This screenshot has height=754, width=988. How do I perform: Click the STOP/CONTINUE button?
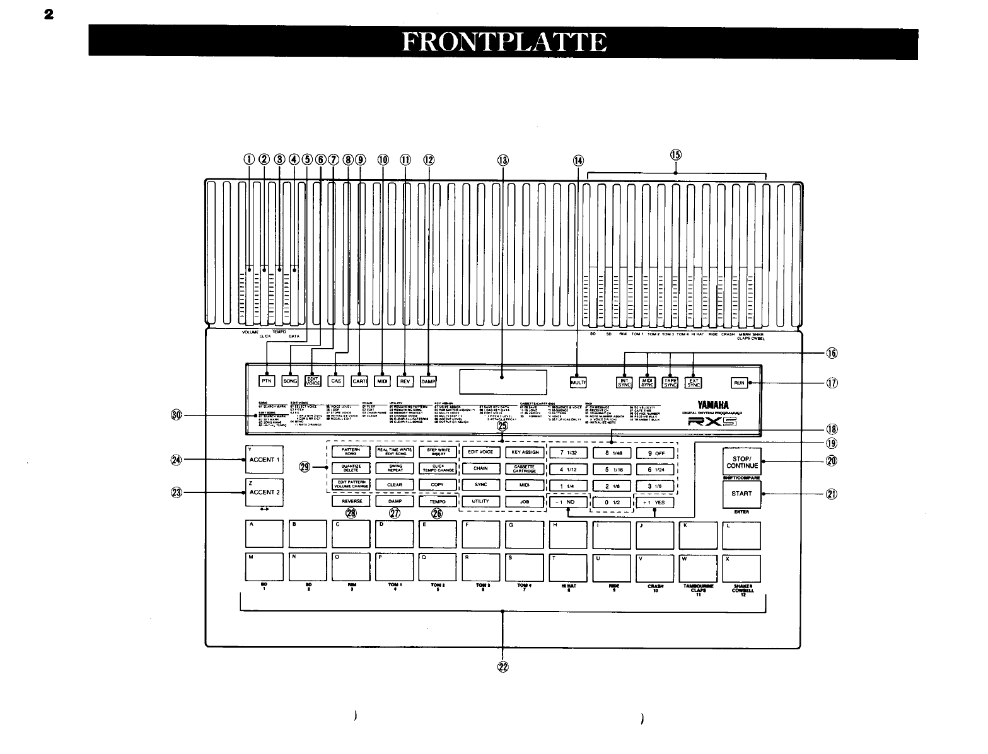click(741, 461)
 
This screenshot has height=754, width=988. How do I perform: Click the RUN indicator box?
click(739, 383)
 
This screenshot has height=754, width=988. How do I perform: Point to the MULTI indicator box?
click(578, 382)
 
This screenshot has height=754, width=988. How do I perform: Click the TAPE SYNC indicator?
click(670, 382)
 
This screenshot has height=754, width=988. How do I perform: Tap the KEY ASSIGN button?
click(525, 452)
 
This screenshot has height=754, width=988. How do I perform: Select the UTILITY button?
click(482, 501)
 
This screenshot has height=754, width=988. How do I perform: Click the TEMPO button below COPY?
click(437, 501)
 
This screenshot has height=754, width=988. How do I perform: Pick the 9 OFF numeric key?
click(656, 453)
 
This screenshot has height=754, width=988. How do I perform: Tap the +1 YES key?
click(654, 502)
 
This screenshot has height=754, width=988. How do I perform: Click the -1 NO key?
click(567, 502)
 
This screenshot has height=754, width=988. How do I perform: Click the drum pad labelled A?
click(264, 535)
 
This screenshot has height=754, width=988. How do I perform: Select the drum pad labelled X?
click(741, 568)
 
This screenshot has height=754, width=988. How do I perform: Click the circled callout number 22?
click(503, 668)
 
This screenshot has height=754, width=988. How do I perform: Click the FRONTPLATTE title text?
click(503, 42)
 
